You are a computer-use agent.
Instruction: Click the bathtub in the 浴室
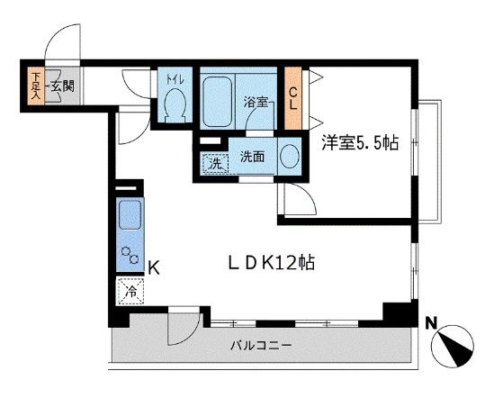click(x=217, y=100)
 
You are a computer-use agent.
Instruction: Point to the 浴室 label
click(x=256, y=102)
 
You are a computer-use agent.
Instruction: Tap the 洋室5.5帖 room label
click(x=361, y=141)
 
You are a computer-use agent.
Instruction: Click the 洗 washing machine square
click(x=214, y=163)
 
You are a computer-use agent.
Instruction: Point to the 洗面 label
click(x=252, y=157)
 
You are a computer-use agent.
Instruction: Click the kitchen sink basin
click(x=130, y=215)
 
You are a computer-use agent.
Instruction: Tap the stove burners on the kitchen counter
click(x=130, y=254)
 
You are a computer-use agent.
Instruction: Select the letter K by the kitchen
click(x=154, y=267)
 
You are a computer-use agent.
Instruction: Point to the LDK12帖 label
click(x=270, y=264)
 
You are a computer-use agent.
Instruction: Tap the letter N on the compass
click(x=431, y=321)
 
